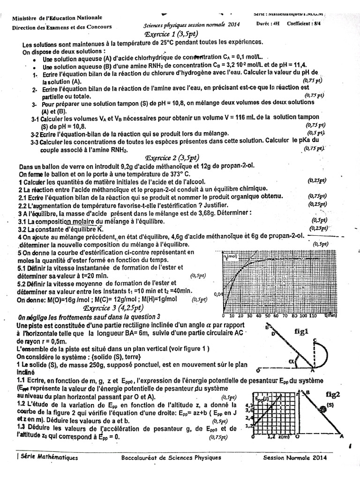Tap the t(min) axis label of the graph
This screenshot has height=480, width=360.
tap(331, 316)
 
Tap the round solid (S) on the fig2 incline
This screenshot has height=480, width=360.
tap(323, 410)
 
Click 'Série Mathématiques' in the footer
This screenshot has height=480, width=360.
tap(47, 458)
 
